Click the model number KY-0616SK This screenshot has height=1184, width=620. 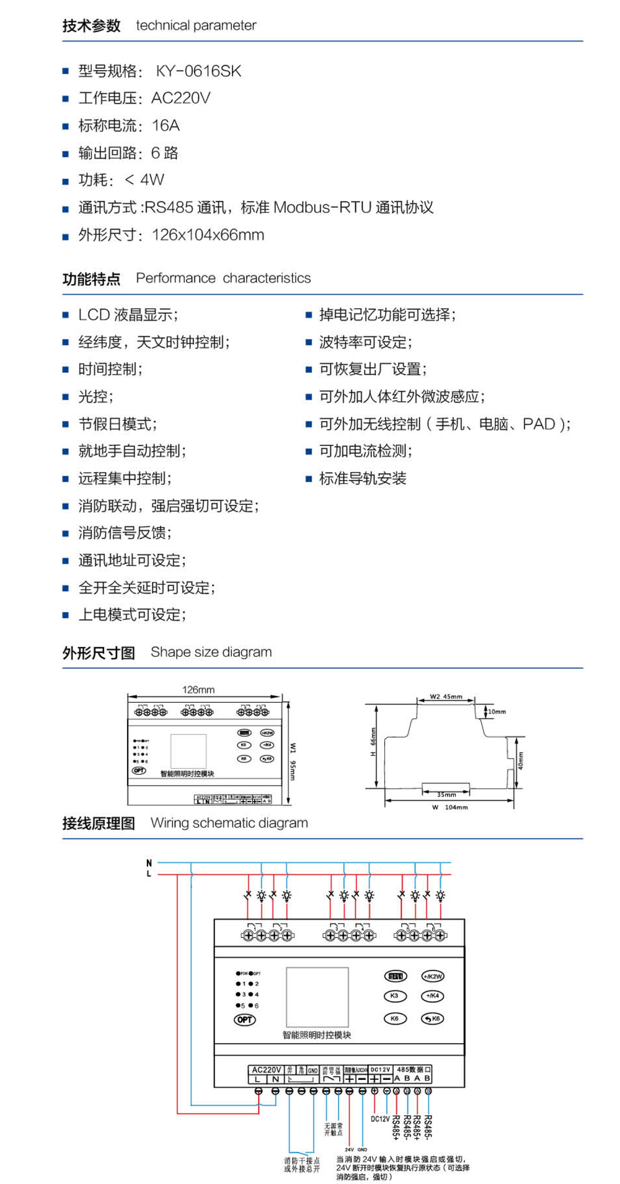point(198,71)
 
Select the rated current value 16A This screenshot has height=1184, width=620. point(166,126)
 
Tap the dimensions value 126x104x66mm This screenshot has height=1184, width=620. point(208,235)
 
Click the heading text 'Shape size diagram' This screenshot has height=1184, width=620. point(211,652)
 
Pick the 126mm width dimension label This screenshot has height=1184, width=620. point(198,690)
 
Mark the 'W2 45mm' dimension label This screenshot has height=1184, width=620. point(446,697)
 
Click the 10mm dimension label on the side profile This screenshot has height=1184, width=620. point(497,711)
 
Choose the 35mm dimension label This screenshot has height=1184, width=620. point(446,794)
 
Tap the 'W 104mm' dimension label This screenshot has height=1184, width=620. point(451,807)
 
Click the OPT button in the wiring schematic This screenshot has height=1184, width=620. point(245,1019)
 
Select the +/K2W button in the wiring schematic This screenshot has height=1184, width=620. point(433,976)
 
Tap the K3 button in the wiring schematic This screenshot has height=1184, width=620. point(394,995)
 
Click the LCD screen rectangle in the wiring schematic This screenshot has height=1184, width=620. point(317,997)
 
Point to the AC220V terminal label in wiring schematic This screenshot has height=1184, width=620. point(266,1070)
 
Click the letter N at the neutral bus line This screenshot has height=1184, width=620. point(149,863)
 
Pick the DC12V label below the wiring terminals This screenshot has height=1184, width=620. point(380,1119)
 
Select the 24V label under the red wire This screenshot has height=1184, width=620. point(349,1149)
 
